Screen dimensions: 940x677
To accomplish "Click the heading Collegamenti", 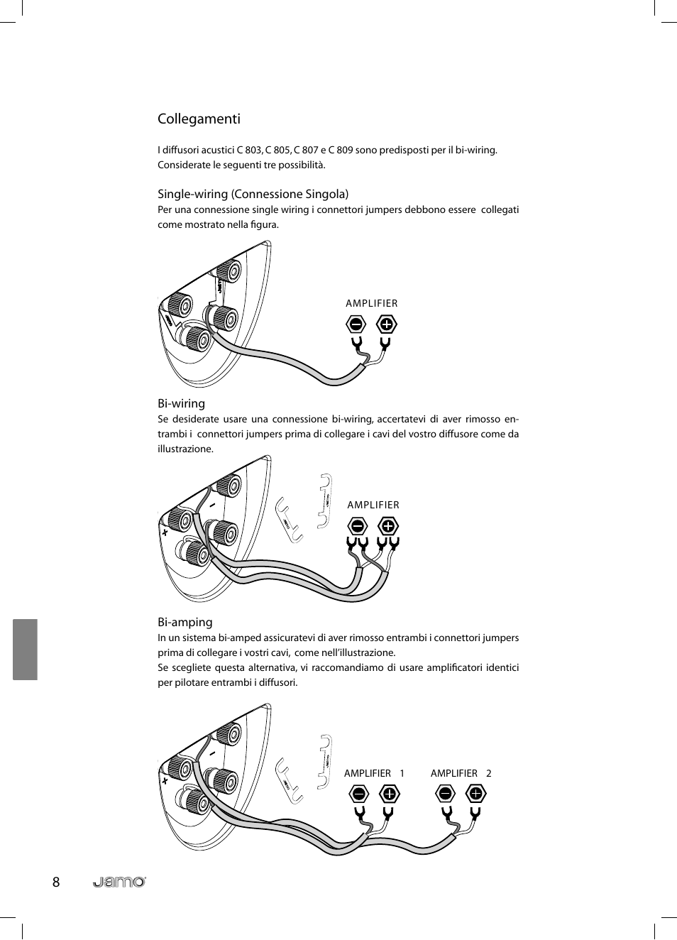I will tap(199, 119).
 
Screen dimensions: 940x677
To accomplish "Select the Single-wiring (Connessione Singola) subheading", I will tap(253, 194).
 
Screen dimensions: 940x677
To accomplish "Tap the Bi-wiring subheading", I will tap(181, 403).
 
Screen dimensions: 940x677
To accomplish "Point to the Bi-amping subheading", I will tap(185, 622).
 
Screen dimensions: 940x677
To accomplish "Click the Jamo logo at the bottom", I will tap(119, 882).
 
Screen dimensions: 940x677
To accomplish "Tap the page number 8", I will tap(56, 882).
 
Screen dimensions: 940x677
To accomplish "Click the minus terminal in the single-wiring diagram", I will tap(356, 324).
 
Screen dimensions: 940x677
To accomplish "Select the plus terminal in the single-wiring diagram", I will tap(386, 324).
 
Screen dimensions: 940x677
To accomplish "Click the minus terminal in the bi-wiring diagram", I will tap(358, 526).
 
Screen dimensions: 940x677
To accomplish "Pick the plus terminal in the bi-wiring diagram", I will tap(387, 526).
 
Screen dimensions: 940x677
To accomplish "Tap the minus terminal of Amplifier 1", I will tap(359, 793).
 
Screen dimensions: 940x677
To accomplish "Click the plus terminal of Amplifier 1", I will tap(390, 793).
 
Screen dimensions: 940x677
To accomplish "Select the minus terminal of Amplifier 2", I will tap(445, 793).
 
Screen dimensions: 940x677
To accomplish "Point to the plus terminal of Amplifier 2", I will tap(475, 793).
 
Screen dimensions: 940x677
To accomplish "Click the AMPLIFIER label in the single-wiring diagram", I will tap(371, 303).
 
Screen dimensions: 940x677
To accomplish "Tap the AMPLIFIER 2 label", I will tap(461, 773).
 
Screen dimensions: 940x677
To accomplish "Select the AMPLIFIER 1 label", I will tap(374, 773).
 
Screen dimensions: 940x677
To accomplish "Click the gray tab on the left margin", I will tap(25, 649).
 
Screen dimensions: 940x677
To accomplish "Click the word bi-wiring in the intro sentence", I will tap(475, 150).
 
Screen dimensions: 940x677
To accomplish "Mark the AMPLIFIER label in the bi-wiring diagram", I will tap(373, 505).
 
